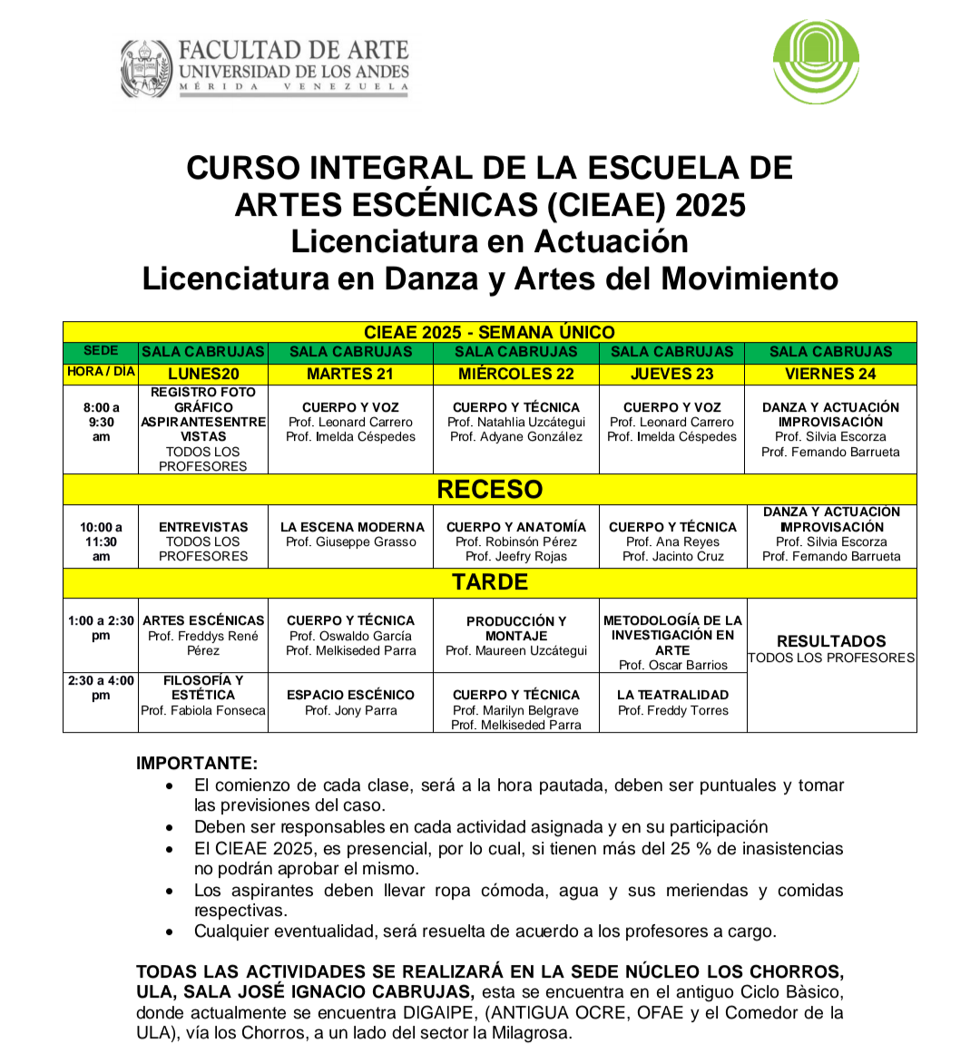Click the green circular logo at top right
pyautogui.click(x=816, y=62)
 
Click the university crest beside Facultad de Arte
pyautogui.click(x=145, y=69)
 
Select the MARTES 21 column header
pyautogui.click(x=350, y=374)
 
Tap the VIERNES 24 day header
pyautogui.click(x=830, y=374)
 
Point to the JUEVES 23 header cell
pyautogui.click(x=671, y=374)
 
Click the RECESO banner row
pyautogui.click(x=490, y=490)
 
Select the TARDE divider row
pyautogui.click(x=490, y=582)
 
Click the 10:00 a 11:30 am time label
pyautogui.click(x=101, y=541)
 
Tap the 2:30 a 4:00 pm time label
pyautogui.click(x=101, y=687)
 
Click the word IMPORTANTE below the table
pyautogui.click(x=197, y=763)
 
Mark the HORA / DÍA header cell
pyautogui.click(x=101, y=372)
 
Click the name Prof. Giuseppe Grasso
pyautogui.click(x=351, y=542)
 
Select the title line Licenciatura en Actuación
pyautogui.click(x=490, y=241)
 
